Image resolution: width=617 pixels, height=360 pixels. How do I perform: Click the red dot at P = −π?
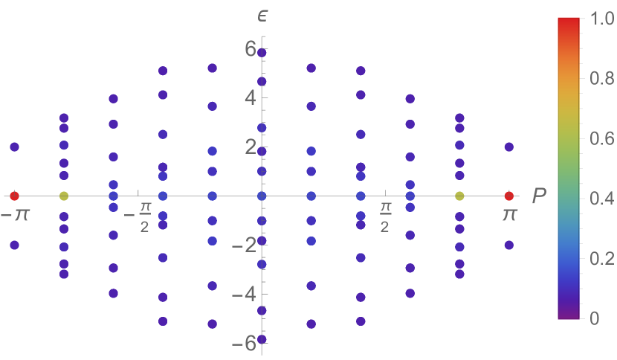click(x=14, y=196)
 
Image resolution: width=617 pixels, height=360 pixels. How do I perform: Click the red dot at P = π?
click(x=508, y=196)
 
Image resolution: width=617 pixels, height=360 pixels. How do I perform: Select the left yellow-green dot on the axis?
click(x=64, y=196)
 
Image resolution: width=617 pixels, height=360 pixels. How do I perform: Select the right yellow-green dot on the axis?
click(x=459, y=196)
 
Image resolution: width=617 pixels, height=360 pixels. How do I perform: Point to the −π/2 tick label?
click(x=139, y=215)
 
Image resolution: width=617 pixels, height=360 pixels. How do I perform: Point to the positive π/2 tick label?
click(x=384, y=215)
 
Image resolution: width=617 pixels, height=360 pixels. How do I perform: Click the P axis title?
click(x=539, y=196)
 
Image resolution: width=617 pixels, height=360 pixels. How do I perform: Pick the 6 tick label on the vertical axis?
click(x=250, y=48)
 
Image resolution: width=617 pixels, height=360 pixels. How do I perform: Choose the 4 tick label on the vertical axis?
click(x=250, y=97)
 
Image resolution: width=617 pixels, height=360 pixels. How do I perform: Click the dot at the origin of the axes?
click(x=262, y=196)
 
